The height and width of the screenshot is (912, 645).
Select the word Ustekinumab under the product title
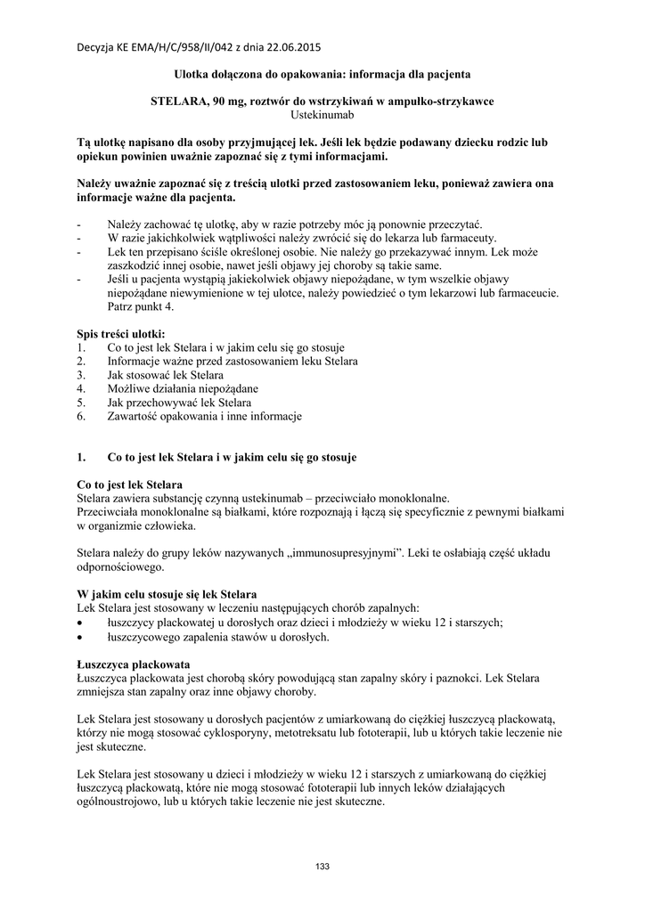pos(322,114)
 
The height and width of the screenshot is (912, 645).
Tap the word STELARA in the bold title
pos(179,101)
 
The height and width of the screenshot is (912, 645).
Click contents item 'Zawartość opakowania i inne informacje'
pos(205,416)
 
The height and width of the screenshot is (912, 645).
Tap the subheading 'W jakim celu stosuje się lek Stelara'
pos(167,594)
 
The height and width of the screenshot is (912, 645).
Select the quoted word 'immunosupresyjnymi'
pos(339,553)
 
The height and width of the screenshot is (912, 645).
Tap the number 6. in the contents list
pos(81,416)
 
